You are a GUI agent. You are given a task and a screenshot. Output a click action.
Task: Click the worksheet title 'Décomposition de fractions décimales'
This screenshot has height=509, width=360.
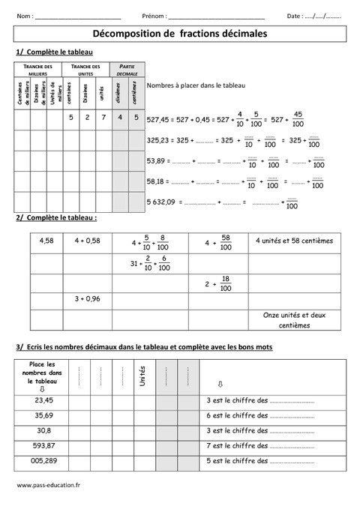(179, 34)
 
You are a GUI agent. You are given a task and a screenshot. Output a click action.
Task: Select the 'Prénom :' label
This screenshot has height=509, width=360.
(154, 15)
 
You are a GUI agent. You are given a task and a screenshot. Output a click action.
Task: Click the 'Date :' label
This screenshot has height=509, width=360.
(295, 15)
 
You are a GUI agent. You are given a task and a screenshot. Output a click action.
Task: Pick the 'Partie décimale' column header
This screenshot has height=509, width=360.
(125, 70)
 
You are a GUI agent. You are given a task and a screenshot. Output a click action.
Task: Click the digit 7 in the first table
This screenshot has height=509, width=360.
(103, 118)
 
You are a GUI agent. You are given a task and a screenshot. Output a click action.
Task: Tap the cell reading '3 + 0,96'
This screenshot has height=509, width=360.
(88, 298)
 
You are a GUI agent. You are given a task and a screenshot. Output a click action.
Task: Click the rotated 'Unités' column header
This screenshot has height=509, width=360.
(142, 375)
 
